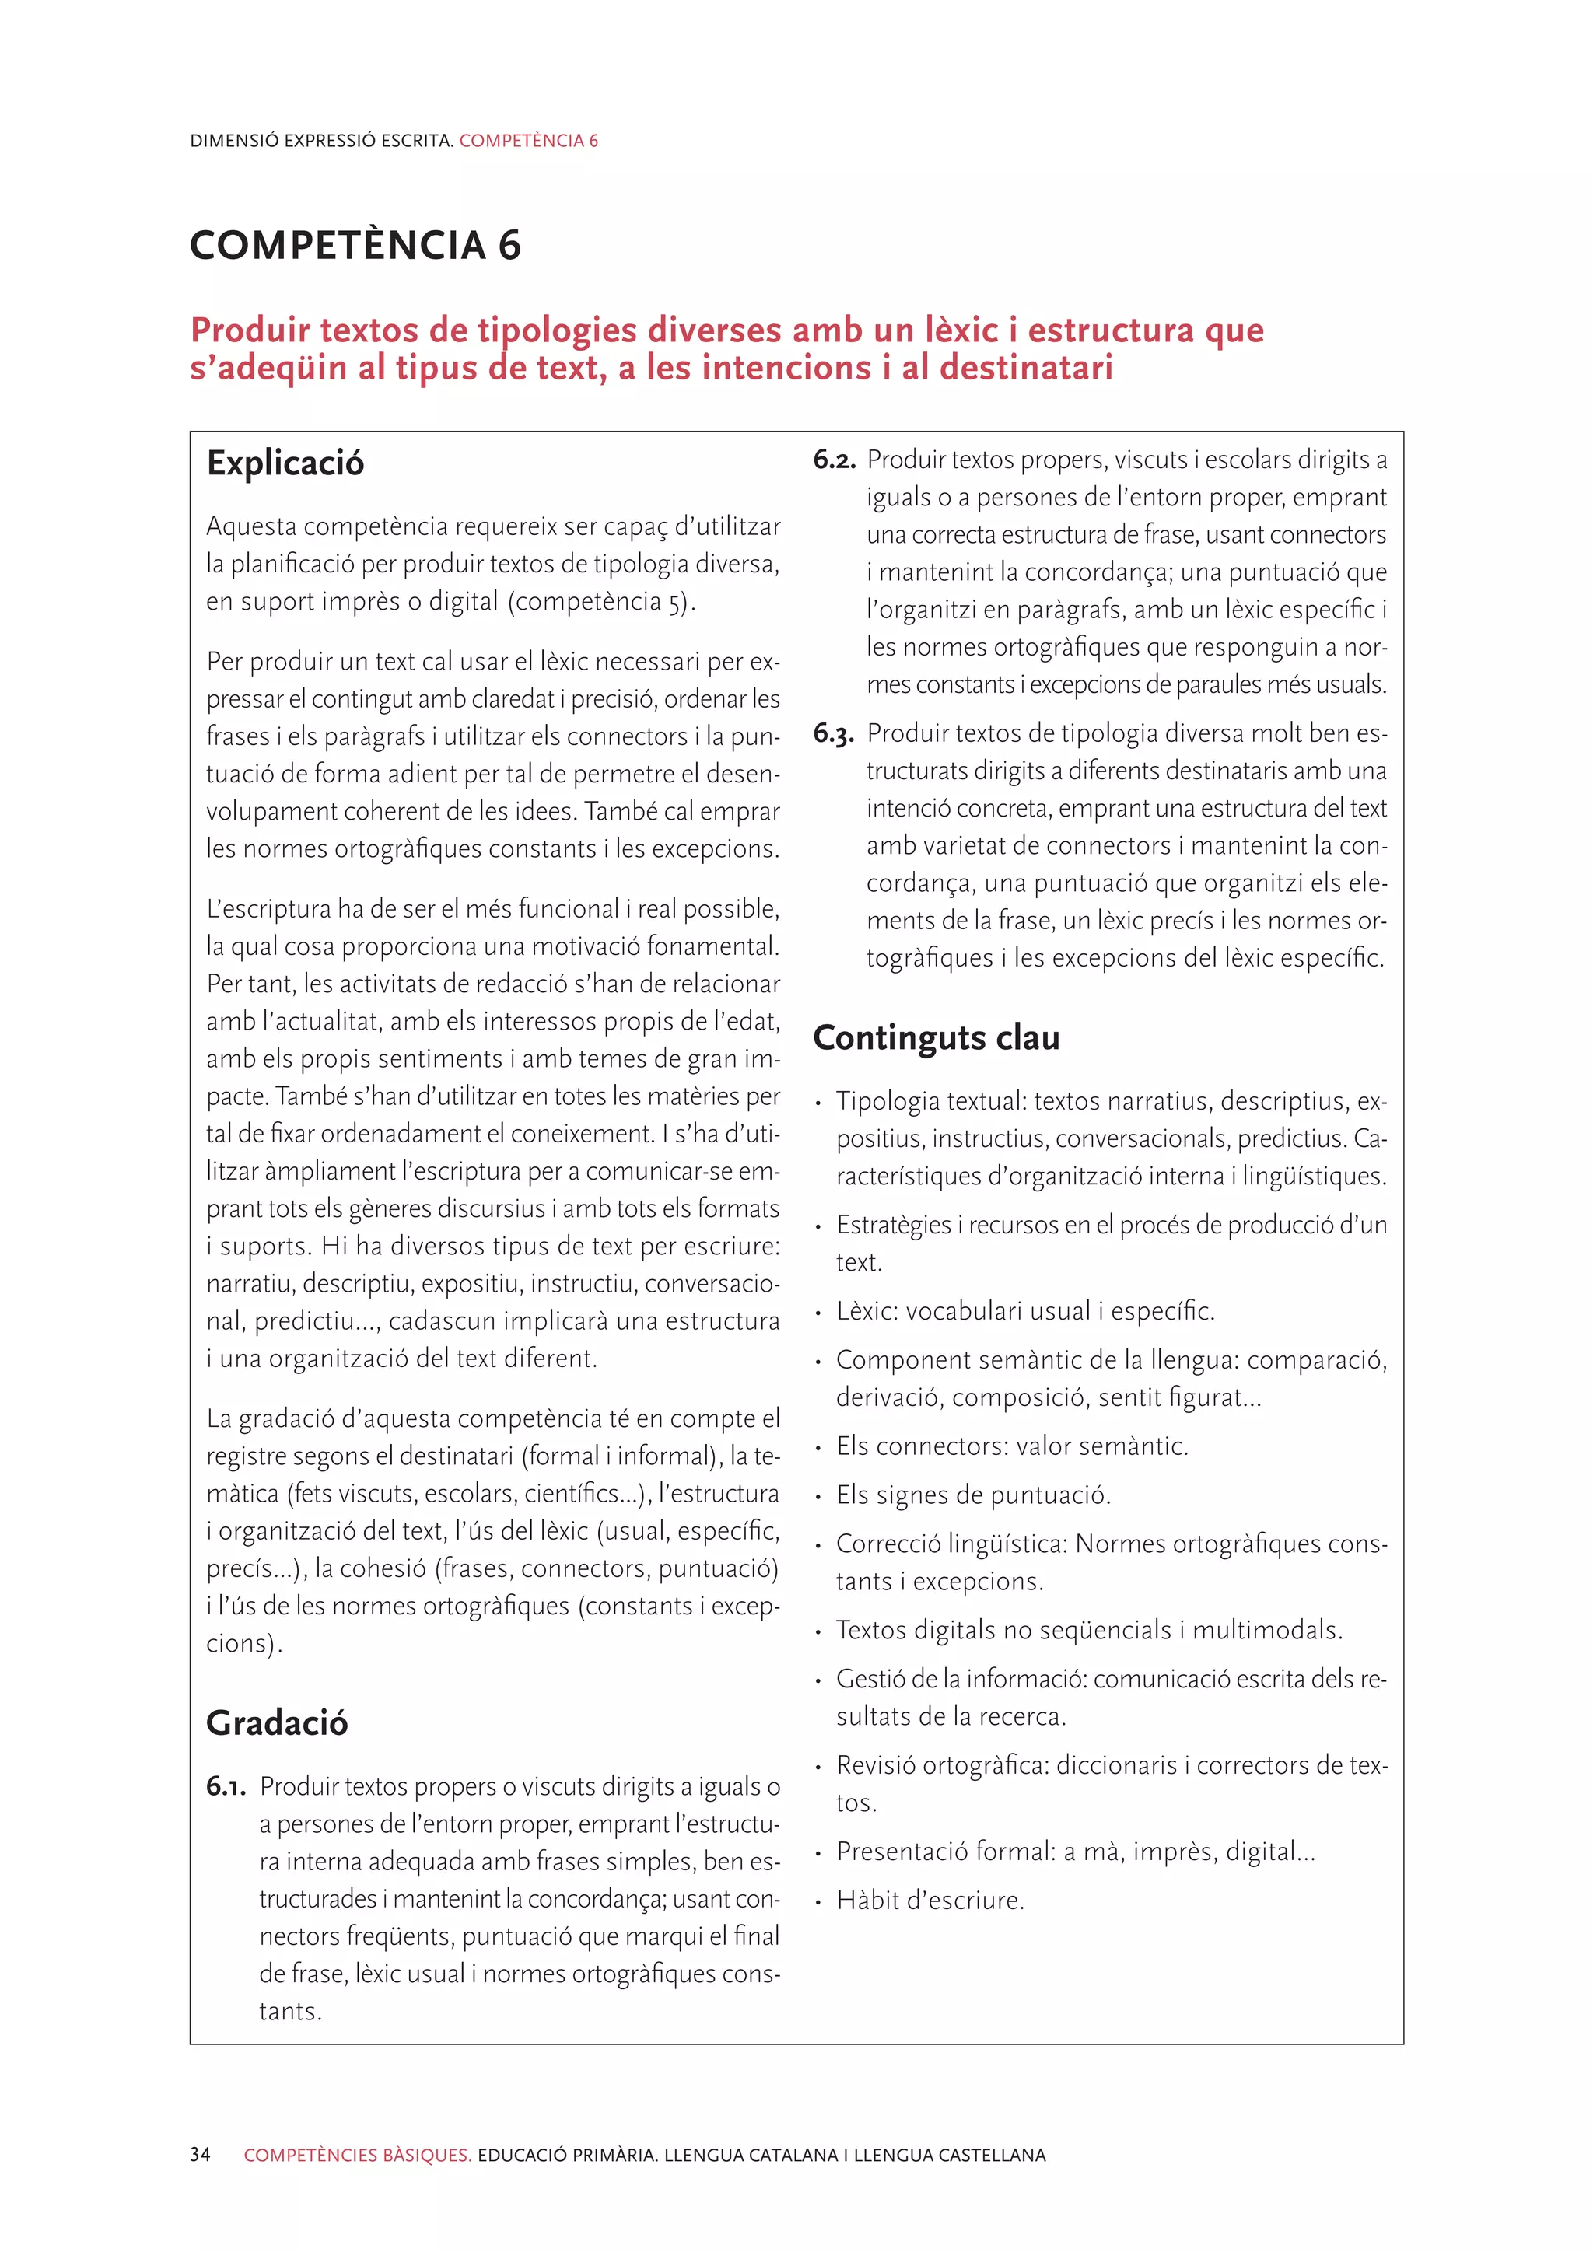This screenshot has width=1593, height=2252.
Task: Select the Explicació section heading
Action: tap(285, 463)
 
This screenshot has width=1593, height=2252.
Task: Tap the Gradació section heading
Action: tap(277, 1722)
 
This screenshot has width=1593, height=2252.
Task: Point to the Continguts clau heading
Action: tap(936, 1037)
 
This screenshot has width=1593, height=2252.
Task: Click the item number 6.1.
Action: tap(226, 1787)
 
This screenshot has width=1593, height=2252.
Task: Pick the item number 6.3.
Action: tap(834, 733)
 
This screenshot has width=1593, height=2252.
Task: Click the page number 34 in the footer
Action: tap(200, 2155)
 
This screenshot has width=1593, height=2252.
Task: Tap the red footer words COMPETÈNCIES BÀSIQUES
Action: tap(357, 2155)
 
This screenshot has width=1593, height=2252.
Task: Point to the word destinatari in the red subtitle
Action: tap(1026, 368)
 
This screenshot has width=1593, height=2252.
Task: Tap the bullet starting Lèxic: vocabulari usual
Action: tap(1024, 1310)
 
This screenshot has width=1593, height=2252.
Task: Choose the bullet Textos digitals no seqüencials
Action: tap(1088, 1630)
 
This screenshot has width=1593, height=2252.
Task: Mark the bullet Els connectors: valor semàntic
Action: tap(1011, 1446)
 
